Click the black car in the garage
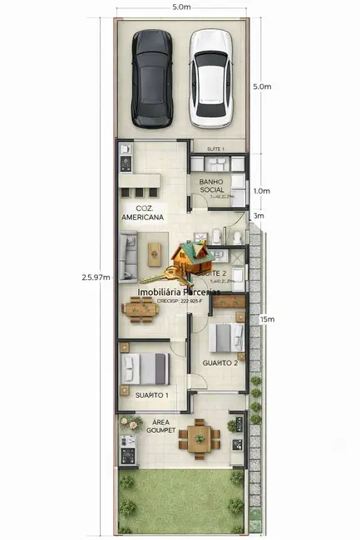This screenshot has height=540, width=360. point(152,80)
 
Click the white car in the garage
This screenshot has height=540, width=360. point(210,78)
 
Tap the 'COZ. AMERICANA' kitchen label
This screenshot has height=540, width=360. point(141,212)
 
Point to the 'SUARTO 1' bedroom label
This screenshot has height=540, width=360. point(152,395)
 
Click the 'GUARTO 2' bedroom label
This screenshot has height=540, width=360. point(220,363)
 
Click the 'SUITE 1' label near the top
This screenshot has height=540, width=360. point(216,148)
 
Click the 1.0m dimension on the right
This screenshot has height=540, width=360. point(262,190)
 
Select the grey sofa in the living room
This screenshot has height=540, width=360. point(128,257)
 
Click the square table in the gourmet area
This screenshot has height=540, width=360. point(198,438)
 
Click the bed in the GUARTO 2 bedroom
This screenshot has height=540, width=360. point(224,336)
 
